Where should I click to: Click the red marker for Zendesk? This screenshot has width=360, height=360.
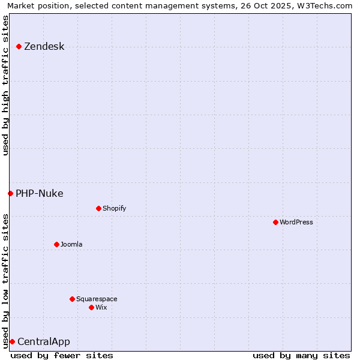[19, 46]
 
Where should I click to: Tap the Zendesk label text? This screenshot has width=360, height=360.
[44, 47]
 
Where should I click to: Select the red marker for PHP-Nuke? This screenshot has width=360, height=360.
[10, 193]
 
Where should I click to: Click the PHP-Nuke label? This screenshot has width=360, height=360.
[39, 193]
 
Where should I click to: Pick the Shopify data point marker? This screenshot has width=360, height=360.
[98, 208]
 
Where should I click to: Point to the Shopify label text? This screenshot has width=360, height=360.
[114, 208]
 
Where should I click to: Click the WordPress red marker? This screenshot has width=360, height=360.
[275, 222]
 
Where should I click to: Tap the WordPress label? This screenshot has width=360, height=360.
[296, 222]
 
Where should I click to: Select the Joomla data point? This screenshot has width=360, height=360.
[56, 244]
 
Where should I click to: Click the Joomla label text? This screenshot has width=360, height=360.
[71, 244]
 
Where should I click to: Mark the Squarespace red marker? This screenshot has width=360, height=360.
[72, 299]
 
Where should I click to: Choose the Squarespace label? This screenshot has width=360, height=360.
[97, 299]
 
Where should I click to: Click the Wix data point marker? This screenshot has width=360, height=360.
[91, 307]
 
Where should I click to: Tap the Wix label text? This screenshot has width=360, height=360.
[101, 307]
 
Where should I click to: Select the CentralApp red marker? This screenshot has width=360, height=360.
[12, 341]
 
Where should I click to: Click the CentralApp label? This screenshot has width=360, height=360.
[43, 342]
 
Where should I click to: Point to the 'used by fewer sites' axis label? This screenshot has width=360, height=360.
[62, 355]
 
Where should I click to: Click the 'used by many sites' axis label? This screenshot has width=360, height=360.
[301, 355]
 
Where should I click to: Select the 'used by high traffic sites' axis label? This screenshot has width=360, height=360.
[5, 85]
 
